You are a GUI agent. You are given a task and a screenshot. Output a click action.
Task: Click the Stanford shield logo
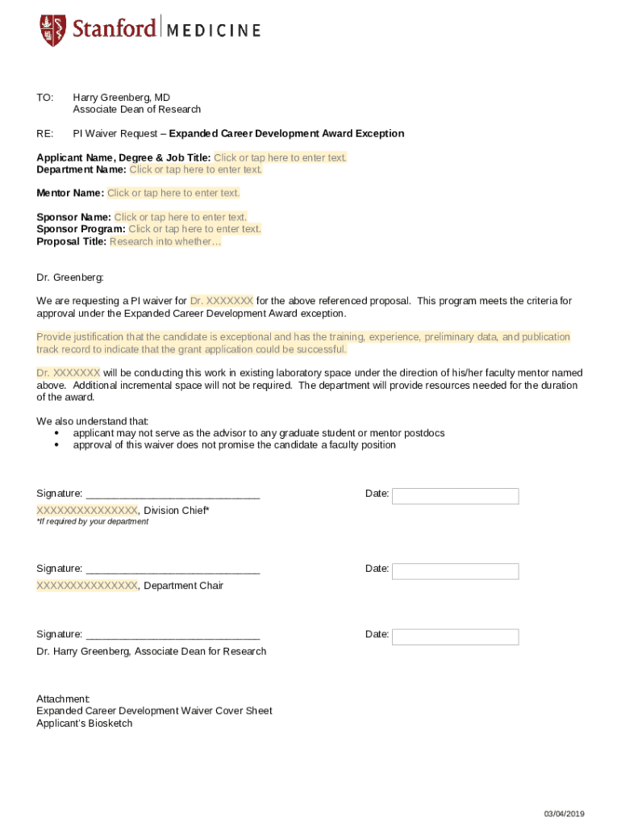(52, 30)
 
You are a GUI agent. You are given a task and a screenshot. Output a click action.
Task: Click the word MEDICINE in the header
(214, 31)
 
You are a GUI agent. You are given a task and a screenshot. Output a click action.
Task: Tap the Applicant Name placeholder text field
(280, 157)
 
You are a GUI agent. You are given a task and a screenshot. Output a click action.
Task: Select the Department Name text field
(196, 169)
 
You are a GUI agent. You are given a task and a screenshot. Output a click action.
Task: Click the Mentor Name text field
(173, 193)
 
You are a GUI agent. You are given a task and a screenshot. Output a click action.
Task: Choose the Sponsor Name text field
(181, 217)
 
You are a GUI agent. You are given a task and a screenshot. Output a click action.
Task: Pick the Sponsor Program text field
(195, 229)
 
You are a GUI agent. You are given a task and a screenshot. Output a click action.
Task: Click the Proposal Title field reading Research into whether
(165, 241)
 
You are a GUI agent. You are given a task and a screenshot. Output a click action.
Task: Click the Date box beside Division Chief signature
(455, 496)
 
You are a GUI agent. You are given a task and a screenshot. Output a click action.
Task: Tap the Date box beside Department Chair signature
(455, 571)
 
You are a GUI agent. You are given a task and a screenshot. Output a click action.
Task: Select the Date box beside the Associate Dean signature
(455, 637)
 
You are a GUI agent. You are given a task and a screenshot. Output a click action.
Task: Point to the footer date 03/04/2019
(564, 813)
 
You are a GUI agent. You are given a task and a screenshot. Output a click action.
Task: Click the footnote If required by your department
(93, 522)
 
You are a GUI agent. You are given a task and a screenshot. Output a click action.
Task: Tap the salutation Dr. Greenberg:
(70, 277)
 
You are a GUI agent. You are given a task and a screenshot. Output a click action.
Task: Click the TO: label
(45, 98)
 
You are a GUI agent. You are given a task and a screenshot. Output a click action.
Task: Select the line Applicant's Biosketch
(84, 724)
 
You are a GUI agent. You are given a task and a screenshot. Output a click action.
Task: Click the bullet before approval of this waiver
(56, 445)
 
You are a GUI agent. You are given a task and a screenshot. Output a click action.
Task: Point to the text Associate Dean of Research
(137, 110)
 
